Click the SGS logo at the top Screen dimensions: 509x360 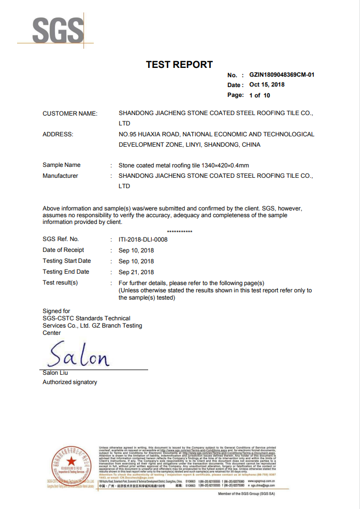coord(57,31)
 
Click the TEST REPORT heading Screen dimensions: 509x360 coord(179,65)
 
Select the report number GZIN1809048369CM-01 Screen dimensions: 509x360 coord(282,75)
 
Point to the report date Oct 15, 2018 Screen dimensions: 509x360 coord(267,84)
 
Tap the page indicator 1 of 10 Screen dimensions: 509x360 coord(260,95)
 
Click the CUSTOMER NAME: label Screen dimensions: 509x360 coord(70,114)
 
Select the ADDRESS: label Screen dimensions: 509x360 coord(58,134)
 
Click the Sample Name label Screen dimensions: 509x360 coord(61,165)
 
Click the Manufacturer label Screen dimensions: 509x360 coord(60,176)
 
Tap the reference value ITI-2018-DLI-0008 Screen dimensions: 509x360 coord(143,239)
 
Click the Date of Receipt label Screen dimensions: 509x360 coord(63,250)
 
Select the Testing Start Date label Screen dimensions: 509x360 coord(66,261)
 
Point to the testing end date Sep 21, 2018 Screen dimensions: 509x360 coord(136,272)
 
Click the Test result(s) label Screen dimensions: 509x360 coord(60,282)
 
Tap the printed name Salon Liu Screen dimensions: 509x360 coord(55,373)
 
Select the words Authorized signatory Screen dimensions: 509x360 coord(69,382)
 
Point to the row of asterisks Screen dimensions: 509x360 coord(180,231)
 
